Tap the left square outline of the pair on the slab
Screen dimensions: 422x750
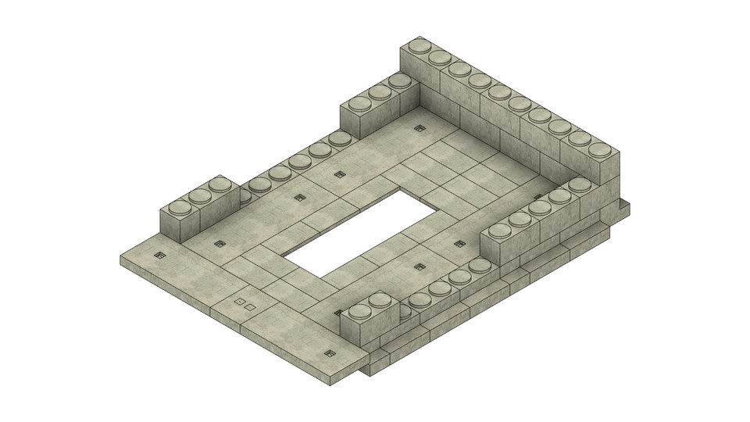point(240,301)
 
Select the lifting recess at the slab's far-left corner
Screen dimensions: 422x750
point(160,256)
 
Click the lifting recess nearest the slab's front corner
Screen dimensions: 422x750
point(328,353)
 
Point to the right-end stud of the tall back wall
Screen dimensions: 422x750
point(599,150)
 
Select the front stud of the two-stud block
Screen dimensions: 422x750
point(359,312)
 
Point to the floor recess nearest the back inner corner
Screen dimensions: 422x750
point(420,127)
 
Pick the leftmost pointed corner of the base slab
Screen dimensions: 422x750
point(121,258)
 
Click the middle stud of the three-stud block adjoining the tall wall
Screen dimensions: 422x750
point(380,91)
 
